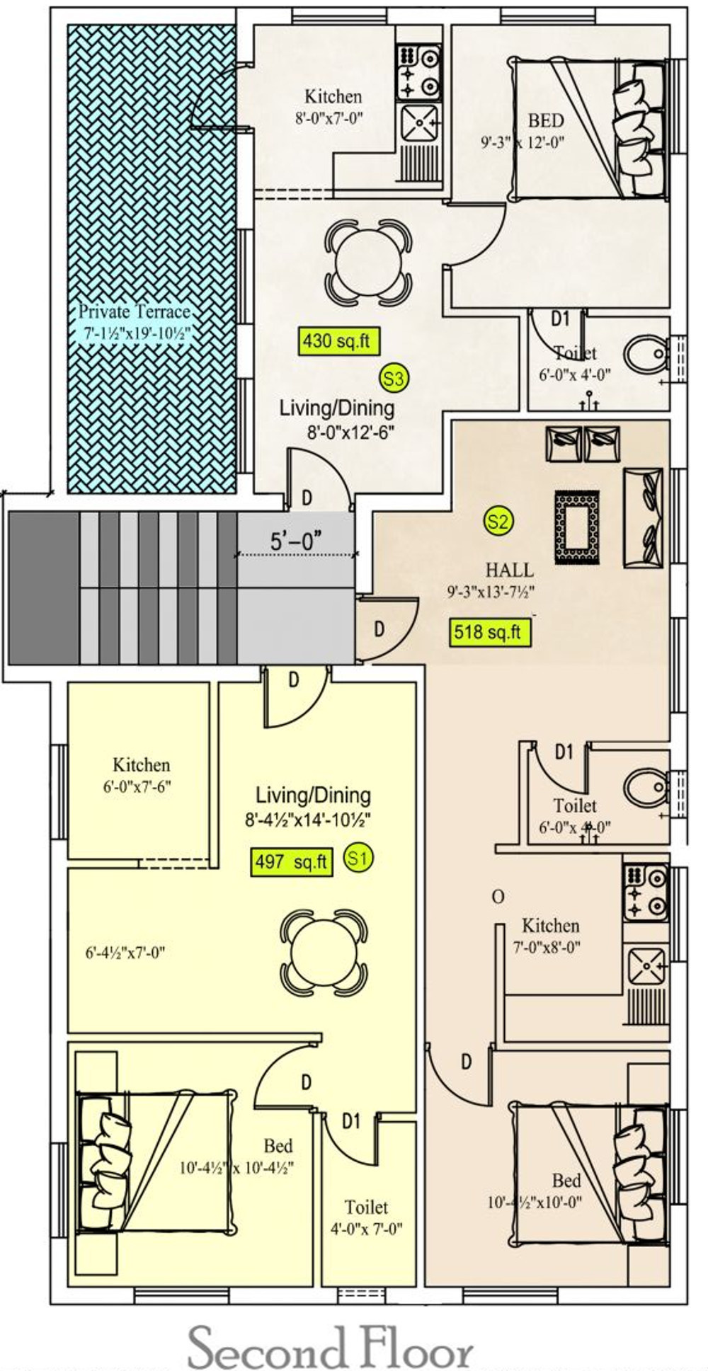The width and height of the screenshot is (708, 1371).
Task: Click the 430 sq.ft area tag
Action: (x=337, y=341)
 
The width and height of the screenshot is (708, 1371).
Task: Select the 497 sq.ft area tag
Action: (x=292, y=861)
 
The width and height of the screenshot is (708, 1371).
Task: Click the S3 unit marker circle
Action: (x=394, y=379)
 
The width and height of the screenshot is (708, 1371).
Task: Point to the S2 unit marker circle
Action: (x=498, y=522)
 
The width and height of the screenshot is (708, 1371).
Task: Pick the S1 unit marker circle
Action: (x=359, y=859)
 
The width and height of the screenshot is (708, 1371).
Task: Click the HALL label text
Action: (x=509, y=570)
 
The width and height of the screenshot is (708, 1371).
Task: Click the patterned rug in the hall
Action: (x=578, y=527)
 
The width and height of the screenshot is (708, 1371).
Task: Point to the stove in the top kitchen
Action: (x=418, y=71)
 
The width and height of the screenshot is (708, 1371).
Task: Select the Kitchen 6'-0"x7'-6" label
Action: (x=142, y=775)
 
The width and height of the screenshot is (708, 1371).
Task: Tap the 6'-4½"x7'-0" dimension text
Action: (x=125, y=953)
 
